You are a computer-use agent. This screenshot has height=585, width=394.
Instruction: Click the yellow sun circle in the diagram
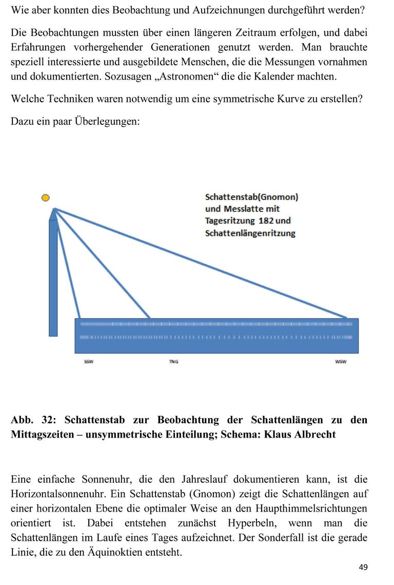point(46,197)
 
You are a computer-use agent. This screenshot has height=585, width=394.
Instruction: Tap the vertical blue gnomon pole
point(53,277)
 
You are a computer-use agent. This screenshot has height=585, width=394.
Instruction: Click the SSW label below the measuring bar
point(89,362)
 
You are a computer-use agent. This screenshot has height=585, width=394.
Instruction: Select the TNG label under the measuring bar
point(173,362)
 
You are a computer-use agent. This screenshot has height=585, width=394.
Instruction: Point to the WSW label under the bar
point(341,362)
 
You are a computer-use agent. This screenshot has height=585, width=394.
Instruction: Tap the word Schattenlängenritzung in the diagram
point(250,233)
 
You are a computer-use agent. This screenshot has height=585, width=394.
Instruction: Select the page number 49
point(363,567)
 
